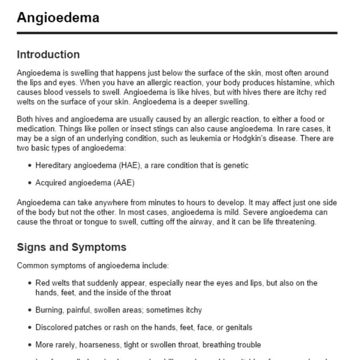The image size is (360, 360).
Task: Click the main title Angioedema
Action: point(58,17)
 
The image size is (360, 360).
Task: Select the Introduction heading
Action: point(48,55)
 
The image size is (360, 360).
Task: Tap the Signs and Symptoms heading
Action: point(71,247)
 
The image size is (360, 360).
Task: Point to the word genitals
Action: point(236,327)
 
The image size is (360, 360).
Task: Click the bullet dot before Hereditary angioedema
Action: point(29,166)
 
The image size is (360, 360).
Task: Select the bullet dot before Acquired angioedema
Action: point(29,183)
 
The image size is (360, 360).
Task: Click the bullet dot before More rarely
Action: point(29,345)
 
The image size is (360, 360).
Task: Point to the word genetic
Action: point(236,165)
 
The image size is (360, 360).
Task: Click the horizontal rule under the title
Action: point(177,33)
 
